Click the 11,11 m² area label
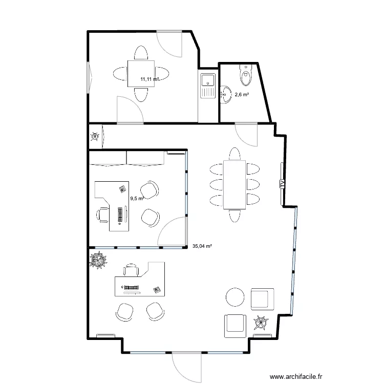(150, 79)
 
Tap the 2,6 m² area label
(242, 94)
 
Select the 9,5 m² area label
(137, 198)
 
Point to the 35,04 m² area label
(202, 246)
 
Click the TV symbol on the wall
(282, 184)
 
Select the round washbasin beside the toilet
(226, 94)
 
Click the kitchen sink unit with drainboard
(208, 86)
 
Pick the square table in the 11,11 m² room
(141, 73)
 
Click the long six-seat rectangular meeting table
(234, 185)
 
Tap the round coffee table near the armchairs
(235, 297)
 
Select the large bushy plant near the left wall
(98, 260)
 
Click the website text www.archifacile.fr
(296, 376)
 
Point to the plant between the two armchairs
(261, 322)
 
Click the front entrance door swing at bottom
(186, 367)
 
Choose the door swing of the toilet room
(246, 135)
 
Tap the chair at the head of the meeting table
(234, 154)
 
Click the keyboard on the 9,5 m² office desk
(120, 215)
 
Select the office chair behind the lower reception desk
(131, 270)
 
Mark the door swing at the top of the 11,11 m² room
(169, 45)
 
